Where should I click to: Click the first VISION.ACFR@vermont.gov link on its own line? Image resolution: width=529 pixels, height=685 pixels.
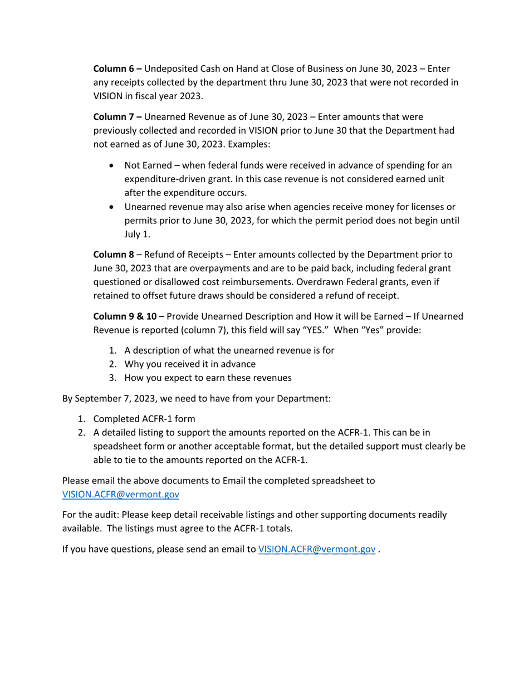[120, 494]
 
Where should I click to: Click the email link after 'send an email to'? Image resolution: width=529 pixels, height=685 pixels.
[317, 549]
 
